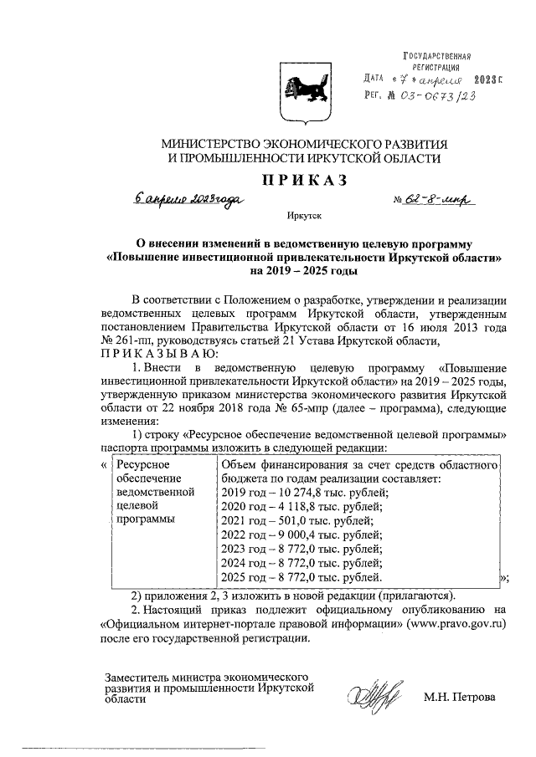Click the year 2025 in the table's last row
pos(234,577)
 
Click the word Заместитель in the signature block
pos(134,676)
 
